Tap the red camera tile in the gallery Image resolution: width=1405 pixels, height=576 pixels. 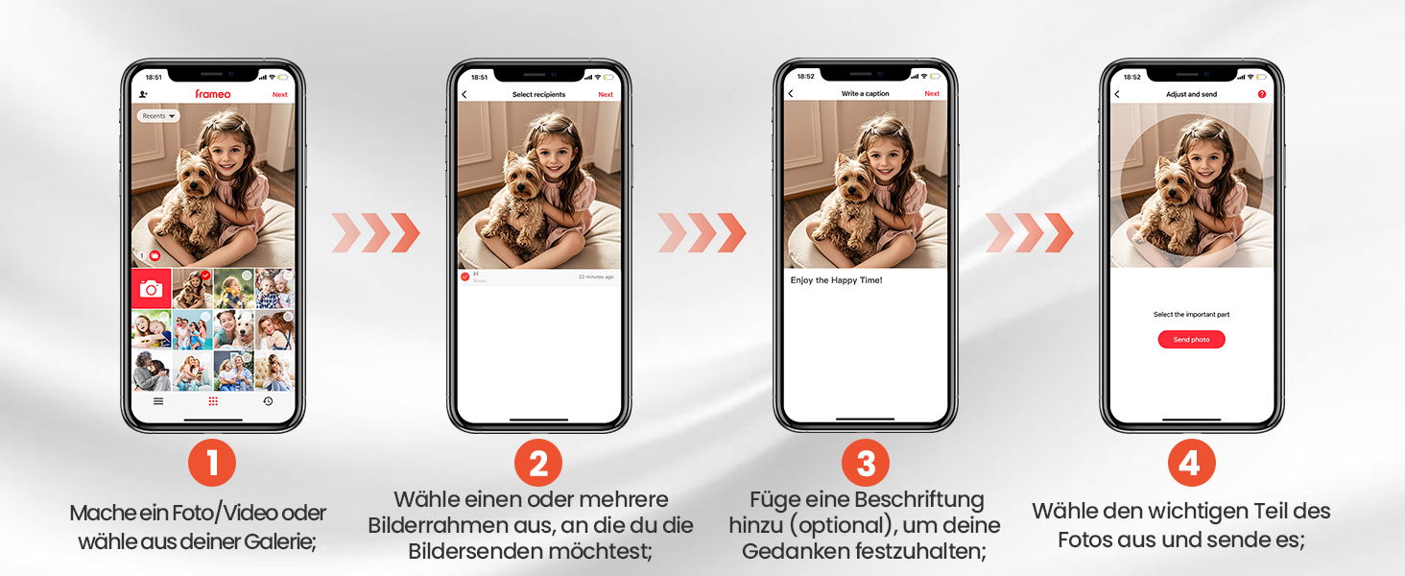(x=151, y=289)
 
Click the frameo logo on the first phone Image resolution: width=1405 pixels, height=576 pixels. (x=212, y=94)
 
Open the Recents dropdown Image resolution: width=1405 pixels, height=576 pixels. (x=158, y=116)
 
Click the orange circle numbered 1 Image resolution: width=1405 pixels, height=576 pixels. (x=212, y=464)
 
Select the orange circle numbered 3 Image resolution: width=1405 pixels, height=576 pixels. (x=865, y=464)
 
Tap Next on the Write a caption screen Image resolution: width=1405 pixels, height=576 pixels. (x=931, y=94)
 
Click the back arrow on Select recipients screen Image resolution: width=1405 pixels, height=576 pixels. (x=464, y=95)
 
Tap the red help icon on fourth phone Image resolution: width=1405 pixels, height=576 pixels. (x=1261, y=95)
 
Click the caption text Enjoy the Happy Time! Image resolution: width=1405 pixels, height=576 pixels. (x=835, y=280)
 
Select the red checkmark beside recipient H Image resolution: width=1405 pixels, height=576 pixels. (x=465, y=276)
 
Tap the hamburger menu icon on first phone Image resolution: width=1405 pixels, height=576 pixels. (x=158, y=401)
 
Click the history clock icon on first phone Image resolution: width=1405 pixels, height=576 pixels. (x=268, y=401)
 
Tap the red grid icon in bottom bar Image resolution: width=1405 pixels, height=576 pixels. (x=213, y=401)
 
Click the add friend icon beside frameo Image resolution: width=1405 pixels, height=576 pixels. (x=143, y=95)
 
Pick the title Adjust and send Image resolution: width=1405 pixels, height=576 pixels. (x=1191, y=95)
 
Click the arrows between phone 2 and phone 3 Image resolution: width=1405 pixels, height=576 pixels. (x=702, y=233)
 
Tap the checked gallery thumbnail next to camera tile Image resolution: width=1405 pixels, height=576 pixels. (x=192, y=288)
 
